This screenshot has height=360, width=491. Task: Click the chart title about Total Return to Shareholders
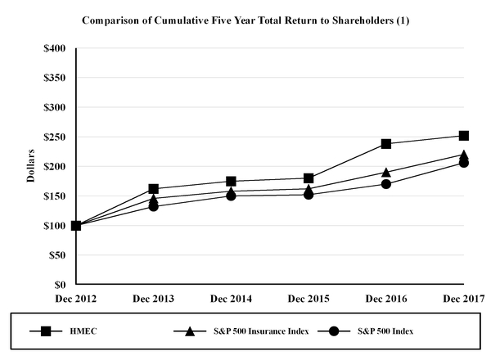pyautogui.click(x=245, y=20)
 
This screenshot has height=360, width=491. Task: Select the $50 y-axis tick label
pyautogui.click(x=56, y=255)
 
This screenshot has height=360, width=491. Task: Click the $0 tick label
pyautogui.click(x=60, y=285)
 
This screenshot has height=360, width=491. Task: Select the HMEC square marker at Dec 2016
pyautogui.click(x=386, y=144)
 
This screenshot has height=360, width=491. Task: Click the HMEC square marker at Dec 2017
pyautogui.click(x=464, y=136)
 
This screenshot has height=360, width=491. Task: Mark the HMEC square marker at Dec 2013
pyautogui.click(x=154, y=189)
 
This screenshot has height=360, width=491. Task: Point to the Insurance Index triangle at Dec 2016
pyautogui.click(x=386, y=172)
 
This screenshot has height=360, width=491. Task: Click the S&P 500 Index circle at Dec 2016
pyautogui.click(x=386, y=184)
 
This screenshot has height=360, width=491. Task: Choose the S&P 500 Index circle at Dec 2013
pyautogui.click(x=154, y=206)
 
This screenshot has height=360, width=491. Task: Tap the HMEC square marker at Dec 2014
pyautogui.click(x=232, y=182)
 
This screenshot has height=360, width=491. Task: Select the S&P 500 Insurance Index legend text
pyautogui.click(x=250, y=331)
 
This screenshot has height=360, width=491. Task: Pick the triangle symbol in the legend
pyautogui.click(x=190, y=331)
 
